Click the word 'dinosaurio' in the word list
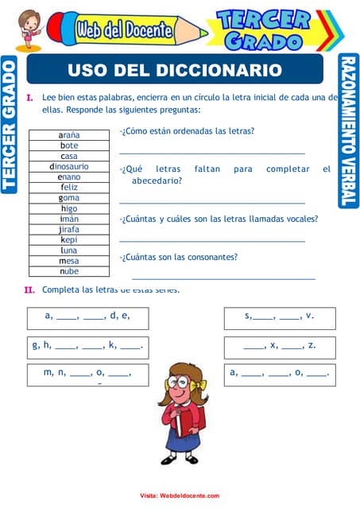69,167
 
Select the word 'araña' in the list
69,136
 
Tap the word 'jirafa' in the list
69,229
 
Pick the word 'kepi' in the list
69,239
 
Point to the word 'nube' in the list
69,271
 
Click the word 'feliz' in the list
69,188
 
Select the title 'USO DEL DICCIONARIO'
175,70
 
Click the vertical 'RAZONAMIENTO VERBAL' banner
348,131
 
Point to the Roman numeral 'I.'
29,98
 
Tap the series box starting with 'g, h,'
87,346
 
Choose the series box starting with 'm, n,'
87,373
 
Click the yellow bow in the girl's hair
199,385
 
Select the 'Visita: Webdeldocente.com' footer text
180,495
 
